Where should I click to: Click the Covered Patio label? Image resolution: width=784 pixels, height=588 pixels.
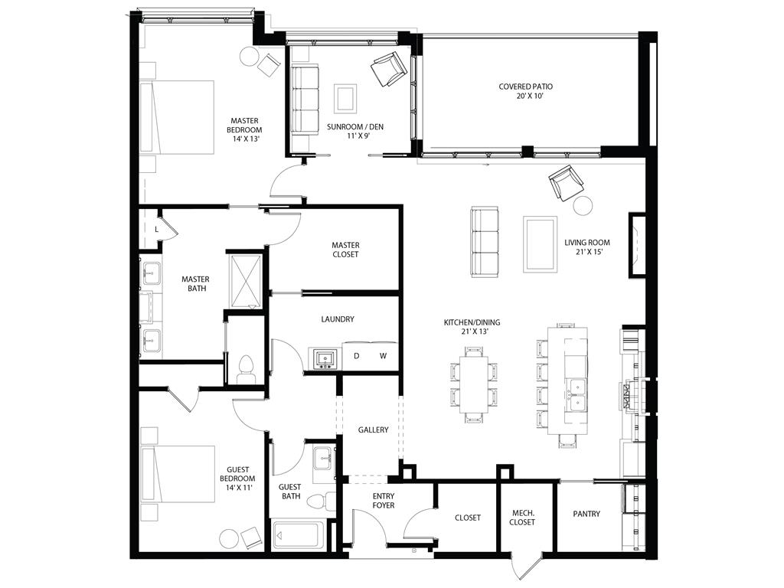[x=525, y=87]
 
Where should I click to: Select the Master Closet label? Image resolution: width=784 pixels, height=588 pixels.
[x=345, y=250]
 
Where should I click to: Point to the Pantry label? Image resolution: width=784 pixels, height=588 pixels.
[x=586, y=514]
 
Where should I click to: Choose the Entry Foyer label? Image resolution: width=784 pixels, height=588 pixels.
[x=384, y=501]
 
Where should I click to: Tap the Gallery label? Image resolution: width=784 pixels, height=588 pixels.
[x=373, y=430]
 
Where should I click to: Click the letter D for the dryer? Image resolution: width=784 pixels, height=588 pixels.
[x=356, y=356]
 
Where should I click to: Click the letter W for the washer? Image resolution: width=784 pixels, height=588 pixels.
[x=384, y=356]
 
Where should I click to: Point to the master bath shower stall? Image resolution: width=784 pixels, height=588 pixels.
[x=247, y=279]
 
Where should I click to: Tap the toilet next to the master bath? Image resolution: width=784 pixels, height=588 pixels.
[x=247, y=369]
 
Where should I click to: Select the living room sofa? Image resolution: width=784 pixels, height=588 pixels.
[x=485, y=241]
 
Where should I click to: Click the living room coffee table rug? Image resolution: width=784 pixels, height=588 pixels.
[x=540, y=243]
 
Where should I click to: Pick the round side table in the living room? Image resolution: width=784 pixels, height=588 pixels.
[x=583, y=206]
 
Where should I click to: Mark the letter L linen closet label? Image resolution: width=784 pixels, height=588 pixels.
[x=157, y=228]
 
